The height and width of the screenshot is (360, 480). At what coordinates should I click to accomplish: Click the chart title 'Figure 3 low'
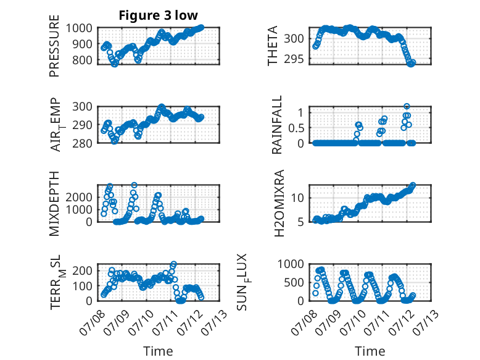[159, 15]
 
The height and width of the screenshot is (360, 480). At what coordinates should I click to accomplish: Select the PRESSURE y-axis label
[54, 46]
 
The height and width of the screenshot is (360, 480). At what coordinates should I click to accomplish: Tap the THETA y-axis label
[272, 46]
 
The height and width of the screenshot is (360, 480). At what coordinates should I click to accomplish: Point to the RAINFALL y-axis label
[276, 125]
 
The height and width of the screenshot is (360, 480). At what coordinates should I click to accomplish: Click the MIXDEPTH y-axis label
[54, 203]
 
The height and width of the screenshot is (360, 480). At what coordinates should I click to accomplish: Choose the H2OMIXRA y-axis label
[279, 203]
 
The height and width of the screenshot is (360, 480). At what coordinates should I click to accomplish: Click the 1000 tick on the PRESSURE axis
[79, 28]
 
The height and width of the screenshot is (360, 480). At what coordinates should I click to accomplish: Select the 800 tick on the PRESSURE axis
[82, 60]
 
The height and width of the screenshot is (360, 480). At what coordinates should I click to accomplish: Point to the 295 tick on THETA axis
[294, 59]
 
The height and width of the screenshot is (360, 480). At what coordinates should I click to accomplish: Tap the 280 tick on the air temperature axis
[82, 143]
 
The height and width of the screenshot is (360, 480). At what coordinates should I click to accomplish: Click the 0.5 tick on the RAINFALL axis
[296, 128]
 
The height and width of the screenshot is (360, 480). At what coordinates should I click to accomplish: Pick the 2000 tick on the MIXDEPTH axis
[79, 197]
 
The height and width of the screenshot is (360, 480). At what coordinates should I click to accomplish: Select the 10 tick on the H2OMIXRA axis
[297, 198]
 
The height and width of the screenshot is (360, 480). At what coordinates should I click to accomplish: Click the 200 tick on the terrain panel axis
[82, 270]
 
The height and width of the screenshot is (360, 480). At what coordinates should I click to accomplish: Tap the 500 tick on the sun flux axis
[294, 282]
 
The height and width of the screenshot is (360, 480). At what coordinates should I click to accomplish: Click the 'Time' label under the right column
[370, 351]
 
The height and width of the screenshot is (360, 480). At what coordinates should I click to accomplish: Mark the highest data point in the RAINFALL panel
[407, 107]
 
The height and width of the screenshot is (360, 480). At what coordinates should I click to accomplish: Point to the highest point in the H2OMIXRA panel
[413, 185]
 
